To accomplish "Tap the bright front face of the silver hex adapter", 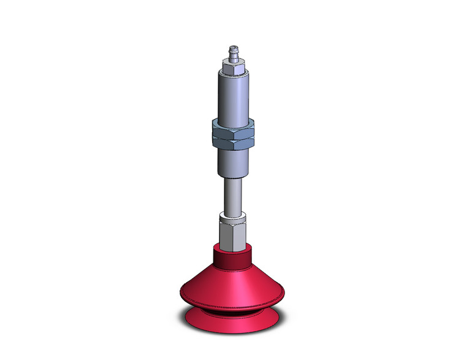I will [x=237, y=234].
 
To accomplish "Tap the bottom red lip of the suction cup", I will [x=232, y=322].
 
